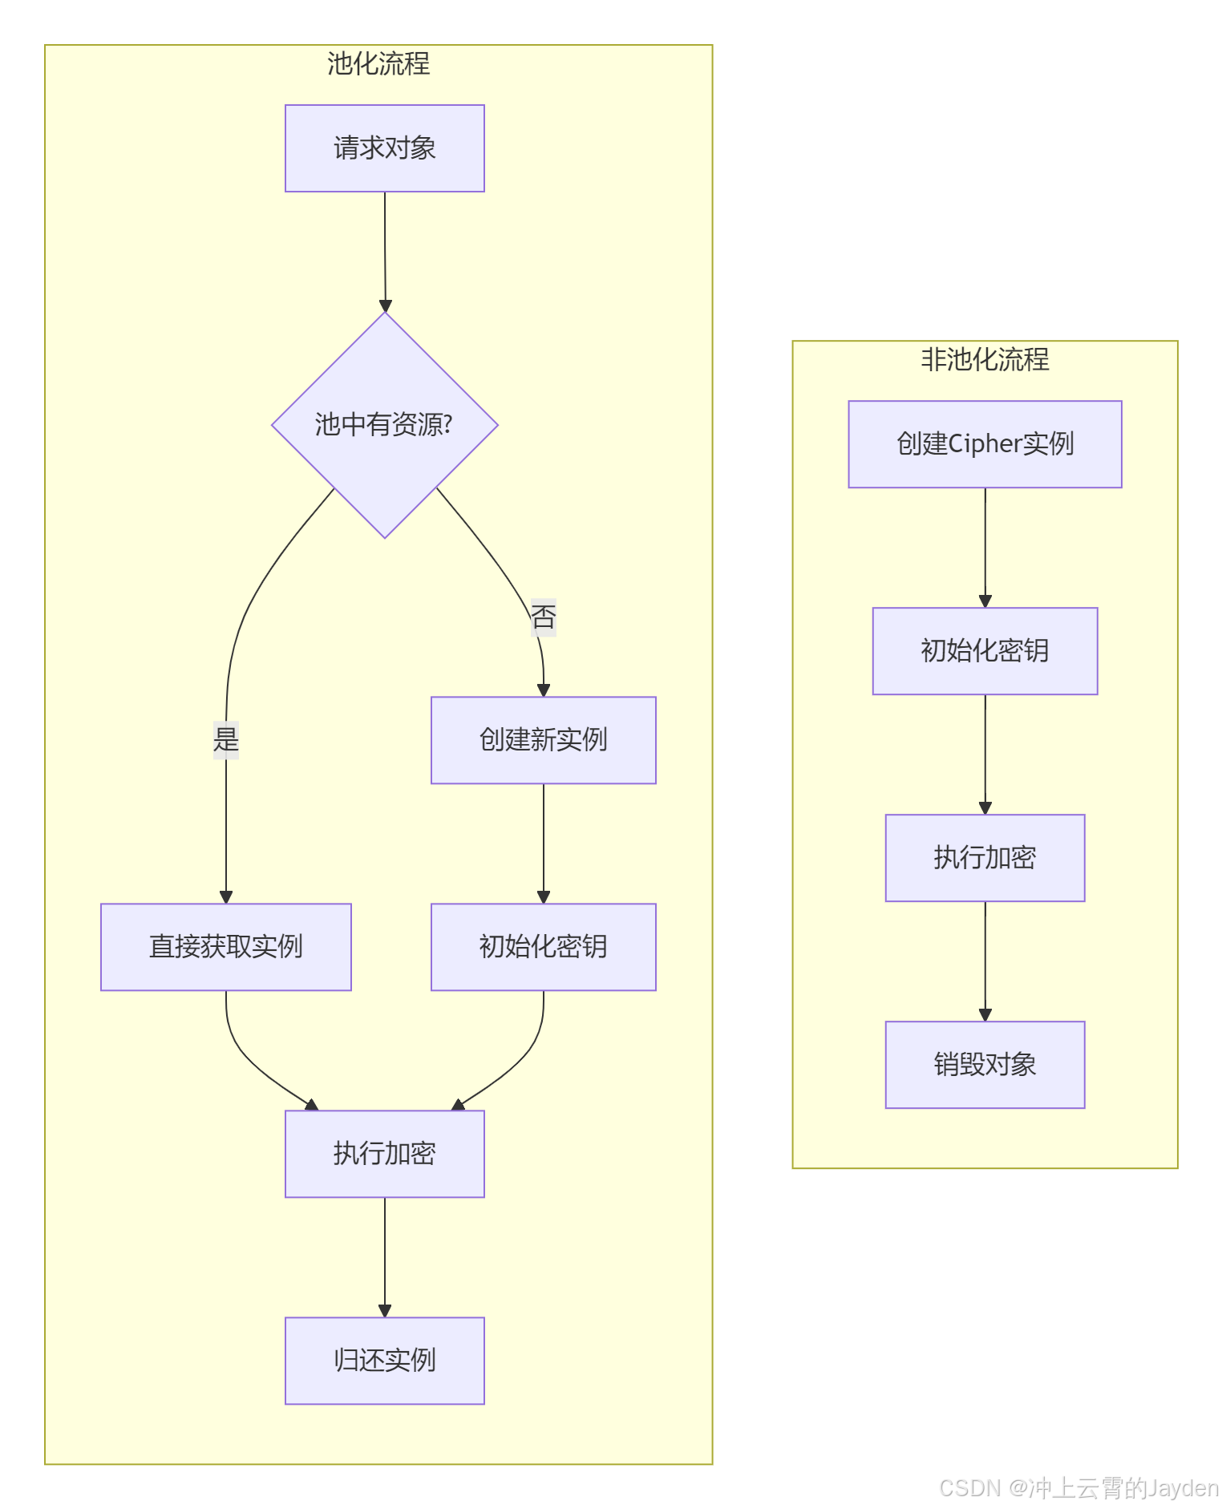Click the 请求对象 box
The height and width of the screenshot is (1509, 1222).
coord(384,148)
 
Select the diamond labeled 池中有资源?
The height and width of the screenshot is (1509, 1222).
coord(384,425)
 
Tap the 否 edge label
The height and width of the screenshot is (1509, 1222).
coord(543,617)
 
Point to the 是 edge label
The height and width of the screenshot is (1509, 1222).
coord(226,739)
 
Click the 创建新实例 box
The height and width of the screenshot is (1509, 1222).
coord(543,740)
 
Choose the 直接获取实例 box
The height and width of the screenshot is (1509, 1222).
coord(226,947)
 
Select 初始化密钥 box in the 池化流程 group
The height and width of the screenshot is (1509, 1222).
coord(543,947)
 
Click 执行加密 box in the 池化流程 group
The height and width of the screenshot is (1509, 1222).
coord(384,1154)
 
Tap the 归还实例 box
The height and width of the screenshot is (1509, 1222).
coord(384,1361)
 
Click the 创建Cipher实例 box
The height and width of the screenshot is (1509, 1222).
coord(985,444)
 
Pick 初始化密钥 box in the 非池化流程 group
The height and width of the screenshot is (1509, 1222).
coord(985,651)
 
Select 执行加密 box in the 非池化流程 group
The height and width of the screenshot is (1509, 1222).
coord(985,858)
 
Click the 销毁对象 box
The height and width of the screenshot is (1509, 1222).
coord(985,1065)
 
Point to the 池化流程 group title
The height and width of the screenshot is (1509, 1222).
coord(378,64)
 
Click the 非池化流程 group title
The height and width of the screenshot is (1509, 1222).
coord(985,360)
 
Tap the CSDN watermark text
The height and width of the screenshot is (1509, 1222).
coord(1078,1488)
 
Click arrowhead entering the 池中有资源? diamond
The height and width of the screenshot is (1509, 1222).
coord(385,305)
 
